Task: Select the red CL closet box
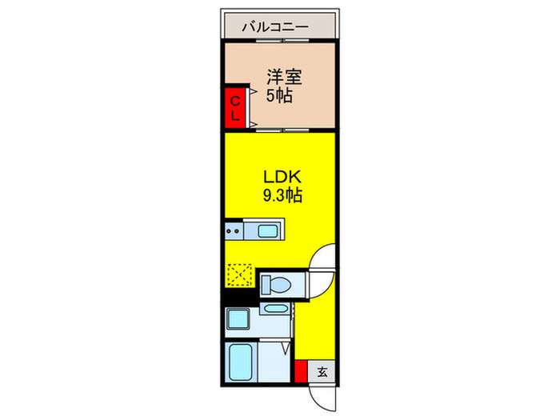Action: (235, 107)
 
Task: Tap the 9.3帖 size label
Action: (278, 194)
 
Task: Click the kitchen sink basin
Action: (268, 232)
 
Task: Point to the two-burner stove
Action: (235, 232)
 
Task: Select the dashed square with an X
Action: (239, 275)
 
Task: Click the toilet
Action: (278, 283)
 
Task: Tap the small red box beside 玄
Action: (301, 372)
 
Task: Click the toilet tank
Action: (267, 282)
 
